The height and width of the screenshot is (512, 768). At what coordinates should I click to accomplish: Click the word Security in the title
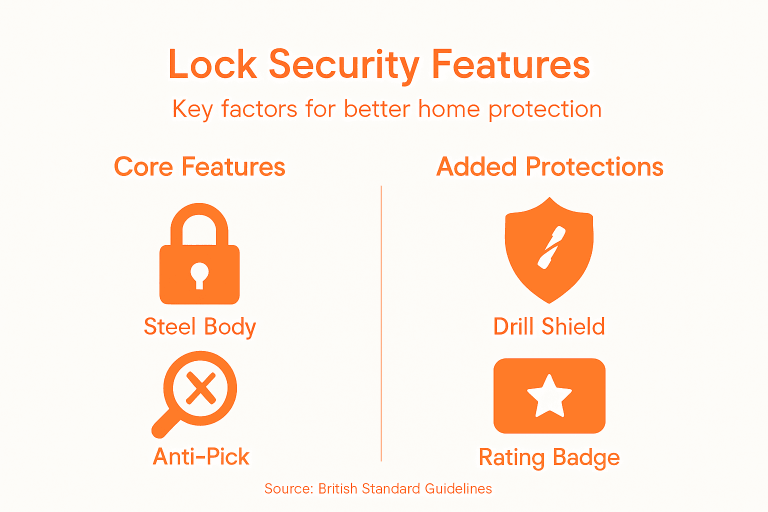344,65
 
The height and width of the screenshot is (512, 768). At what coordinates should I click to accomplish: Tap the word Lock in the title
212,65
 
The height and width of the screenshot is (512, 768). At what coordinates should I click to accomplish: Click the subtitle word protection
545,109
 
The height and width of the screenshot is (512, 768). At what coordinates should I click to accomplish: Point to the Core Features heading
199,167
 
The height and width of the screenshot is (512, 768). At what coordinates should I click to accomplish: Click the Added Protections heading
549,167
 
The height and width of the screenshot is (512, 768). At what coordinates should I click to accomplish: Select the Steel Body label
199,327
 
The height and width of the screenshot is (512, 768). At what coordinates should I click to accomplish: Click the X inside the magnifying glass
200,388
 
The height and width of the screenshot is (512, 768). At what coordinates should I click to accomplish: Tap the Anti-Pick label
201,456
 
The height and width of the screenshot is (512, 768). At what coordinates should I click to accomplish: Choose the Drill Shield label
549,327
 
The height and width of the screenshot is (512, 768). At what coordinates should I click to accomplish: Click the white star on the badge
549,396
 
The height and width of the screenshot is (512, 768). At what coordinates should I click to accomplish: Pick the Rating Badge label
549,457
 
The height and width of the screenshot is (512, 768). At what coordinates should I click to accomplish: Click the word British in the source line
338,488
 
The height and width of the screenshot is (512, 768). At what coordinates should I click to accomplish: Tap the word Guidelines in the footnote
458,488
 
